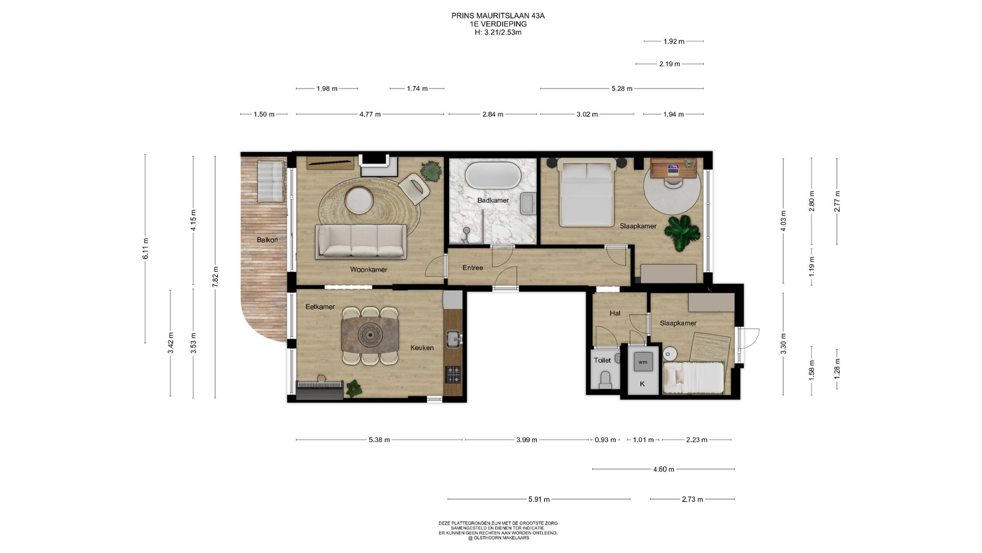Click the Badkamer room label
tap(493, 200)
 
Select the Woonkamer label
tap(368, 269)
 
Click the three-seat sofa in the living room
tap(361, 242)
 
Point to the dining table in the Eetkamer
tap(370, 335)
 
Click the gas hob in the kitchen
tap(453, 374)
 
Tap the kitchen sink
tap(454, 338)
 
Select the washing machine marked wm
tap(643, 361)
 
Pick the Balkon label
tap(267, 240)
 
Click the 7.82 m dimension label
tap(215, 276)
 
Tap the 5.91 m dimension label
tap(539, 499)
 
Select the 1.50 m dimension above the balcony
tap(264, 114)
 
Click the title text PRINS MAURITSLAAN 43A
tap(498, 15)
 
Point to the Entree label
tap(473, 267)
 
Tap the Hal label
tap(615, 313)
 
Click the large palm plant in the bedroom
tap(682, 233)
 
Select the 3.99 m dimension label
tap(527, 440)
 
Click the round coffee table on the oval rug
tap(359, 200)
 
